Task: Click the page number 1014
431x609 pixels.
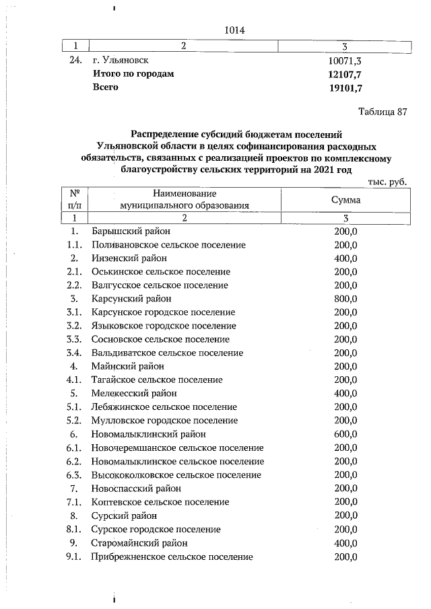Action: coord(234,30)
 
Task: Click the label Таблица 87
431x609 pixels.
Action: coord(383,111)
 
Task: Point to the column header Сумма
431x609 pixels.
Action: coord(345,200)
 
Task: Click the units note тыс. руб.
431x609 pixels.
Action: coord(388,182)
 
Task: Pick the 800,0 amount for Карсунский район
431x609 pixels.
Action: coord(345,299)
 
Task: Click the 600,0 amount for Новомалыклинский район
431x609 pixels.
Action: coord(345,434)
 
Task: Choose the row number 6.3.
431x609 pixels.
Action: coord(74,475)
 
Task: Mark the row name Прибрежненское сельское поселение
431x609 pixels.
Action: coord(172,557)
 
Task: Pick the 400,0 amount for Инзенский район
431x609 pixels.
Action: coord(345,258)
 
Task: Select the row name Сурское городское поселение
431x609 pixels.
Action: coord(156,530)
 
